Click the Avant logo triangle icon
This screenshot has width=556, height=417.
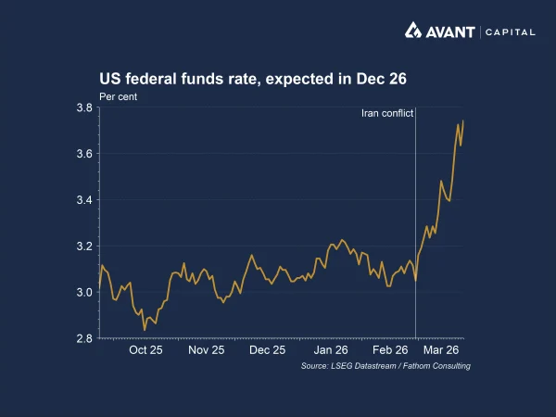(x=414, y=31)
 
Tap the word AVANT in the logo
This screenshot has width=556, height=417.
(x=451, y=32)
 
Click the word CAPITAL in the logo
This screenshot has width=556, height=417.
(x=509, y=32)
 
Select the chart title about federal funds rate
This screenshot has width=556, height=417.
(x=253, y=80)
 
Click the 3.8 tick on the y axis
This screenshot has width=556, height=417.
(x=83, y=108)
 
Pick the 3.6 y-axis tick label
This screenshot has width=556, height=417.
(x=83, y=154)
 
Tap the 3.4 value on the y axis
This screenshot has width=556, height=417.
(x=83, y=200)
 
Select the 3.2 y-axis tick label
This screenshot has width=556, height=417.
(x=83, y=246)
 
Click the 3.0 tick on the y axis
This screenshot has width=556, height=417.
(x=83, y=293)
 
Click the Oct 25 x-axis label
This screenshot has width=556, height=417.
(x=145, y=351)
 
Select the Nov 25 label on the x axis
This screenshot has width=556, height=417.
(x=207, y=351)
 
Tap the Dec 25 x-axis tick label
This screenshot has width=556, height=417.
(x=267, y=351)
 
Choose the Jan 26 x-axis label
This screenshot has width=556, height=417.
(x=330, y=351)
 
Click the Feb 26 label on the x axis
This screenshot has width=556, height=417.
(x=390, y=351)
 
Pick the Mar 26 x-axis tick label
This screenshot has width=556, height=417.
(x=441, y=351)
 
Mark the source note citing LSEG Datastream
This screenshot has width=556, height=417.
(x=385, y=367)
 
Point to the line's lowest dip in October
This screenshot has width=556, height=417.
(x=145, y=329)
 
